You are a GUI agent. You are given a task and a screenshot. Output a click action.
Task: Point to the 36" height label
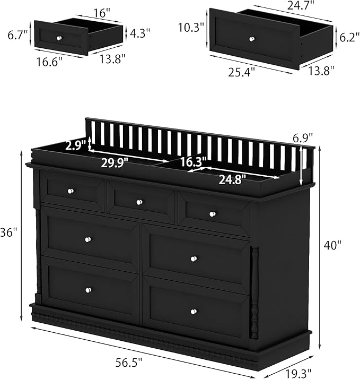click(x=8, y=232)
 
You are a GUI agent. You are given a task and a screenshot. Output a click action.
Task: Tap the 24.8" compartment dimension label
click(x=233, y=179)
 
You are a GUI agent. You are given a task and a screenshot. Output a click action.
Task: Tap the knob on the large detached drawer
click(x=251, y=38)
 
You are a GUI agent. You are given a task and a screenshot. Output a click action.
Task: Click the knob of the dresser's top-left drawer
click(x=69, y=191)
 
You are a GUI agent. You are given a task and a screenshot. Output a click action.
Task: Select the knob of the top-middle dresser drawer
click(x=139, y=202)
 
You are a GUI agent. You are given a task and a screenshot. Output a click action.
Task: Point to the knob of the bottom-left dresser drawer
click(x=88, y=290)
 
